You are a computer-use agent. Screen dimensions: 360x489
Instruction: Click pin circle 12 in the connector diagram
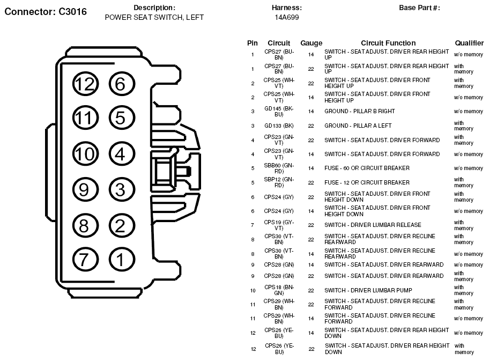pos(84,84)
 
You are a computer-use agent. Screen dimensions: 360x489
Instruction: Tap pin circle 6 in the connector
pos(121,84)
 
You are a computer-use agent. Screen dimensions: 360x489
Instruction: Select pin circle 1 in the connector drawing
pos(121,260)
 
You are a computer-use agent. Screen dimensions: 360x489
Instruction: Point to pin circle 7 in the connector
pos(84,260)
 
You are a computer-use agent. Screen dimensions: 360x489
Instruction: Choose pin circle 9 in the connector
pos(84,189)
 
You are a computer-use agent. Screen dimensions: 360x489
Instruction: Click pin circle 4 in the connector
pos(121,155)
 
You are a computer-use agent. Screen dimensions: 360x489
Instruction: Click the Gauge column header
pos(311,43)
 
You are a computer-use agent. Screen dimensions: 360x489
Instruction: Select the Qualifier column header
pos(469,43)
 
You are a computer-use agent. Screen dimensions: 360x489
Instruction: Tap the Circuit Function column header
pos(388,43)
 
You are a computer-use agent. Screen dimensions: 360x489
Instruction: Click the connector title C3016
pos(46,11)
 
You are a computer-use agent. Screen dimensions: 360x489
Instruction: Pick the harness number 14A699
pos(287,17)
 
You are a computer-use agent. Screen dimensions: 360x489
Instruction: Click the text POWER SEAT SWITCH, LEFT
pos(154,17)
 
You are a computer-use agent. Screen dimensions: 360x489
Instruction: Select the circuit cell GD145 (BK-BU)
pos(279,112)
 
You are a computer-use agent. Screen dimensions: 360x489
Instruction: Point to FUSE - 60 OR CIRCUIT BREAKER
pos(367,168)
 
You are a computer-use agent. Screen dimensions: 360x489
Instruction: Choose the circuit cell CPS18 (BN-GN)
pos(279,290)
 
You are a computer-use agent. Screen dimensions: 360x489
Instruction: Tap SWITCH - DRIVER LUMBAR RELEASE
pos(373,225)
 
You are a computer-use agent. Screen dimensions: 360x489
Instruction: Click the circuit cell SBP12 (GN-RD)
pos(279,182)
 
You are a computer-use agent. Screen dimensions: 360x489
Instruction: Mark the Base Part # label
pos(419,8)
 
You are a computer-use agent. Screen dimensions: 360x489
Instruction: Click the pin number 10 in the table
pos(253,290)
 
